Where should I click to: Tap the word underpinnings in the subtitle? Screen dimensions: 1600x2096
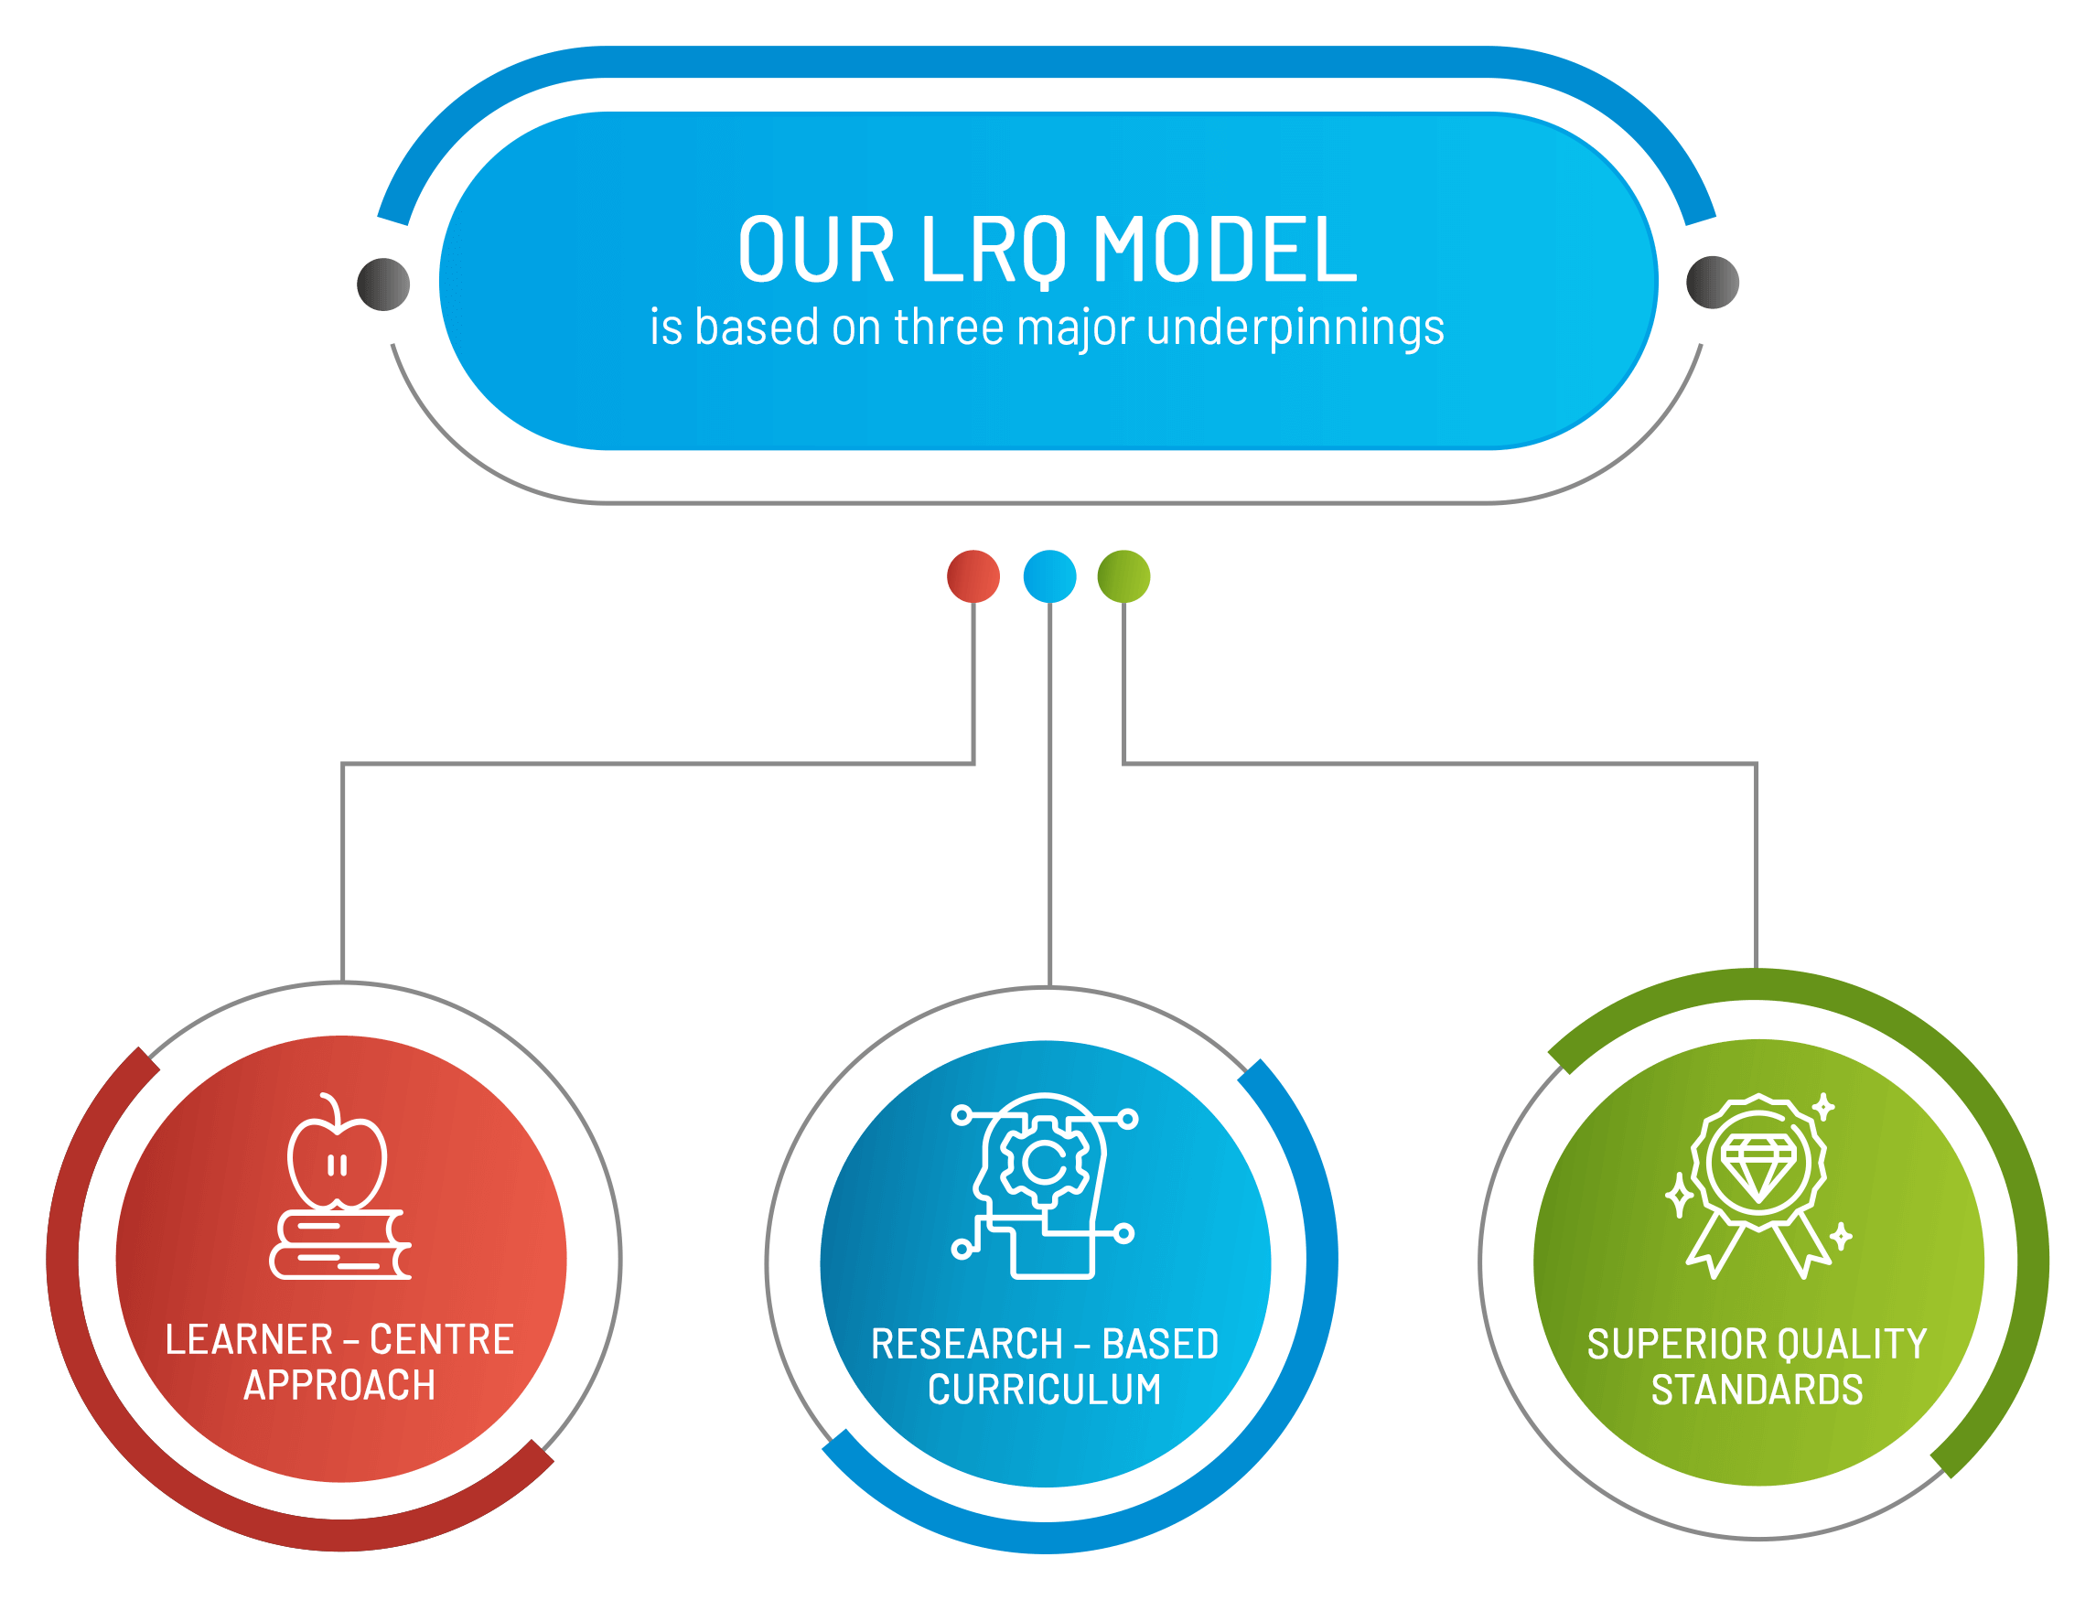pyautogui.click(x=1295, y=328)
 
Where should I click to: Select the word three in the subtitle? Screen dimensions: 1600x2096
pyautogui.click(x=949, y=327)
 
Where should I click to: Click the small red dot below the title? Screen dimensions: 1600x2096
pyautogui.click(x=973, y=576)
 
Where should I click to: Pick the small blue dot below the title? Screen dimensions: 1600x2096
pyautogui.click(x=1049, y=576)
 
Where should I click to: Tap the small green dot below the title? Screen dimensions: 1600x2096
pyautogui.click(x=1123, y=576)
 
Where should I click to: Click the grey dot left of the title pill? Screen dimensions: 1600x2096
pyautogui.click(x=382, y=284)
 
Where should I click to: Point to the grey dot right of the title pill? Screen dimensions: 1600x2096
pyautogui.click(x=1713, y=282)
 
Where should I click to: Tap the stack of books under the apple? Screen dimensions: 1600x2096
pyautogui.click(x=340, y=1245)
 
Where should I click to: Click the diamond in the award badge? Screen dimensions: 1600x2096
pyautogui.click(x=1757, y=1166)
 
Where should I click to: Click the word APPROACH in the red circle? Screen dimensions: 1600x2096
pyautogui.click(x=340, y=1386)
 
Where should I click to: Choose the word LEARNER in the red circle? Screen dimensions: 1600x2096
pyautogui.click(x=250, y=1340)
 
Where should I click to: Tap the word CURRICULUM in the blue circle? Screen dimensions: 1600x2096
pyautogui.click(x=1045, y=1391)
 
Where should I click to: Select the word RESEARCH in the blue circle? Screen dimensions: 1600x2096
pyautogui.click(x=967, y=1345)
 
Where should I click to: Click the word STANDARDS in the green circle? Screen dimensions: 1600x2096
pyautogui.click(x=1757, y=1391)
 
